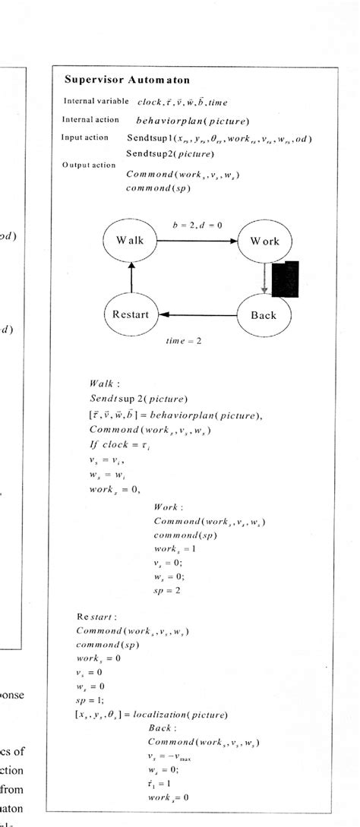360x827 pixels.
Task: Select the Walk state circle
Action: coord(130,241)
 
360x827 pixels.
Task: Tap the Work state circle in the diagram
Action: coord(264,241)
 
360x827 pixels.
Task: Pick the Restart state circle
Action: coord(131,314)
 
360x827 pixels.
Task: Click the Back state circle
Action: coord(264,314)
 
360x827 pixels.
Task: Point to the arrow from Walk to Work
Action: coord(197,241)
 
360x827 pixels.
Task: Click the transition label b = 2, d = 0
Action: coord(197,223)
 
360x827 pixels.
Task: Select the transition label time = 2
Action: coord(184,342)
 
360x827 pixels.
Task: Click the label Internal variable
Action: coord(96,101)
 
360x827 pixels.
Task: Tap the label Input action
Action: coord(87,137)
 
